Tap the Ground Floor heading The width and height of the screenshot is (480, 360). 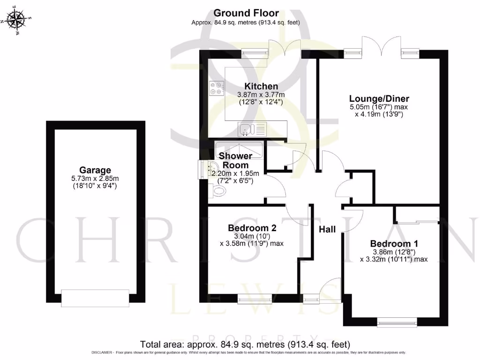click(x=246, y=13)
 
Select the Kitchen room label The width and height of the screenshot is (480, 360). click(x=261, y=86)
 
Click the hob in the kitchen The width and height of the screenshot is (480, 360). click(x=217, y=88)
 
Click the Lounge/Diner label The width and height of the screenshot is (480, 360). click(x=379, y=99)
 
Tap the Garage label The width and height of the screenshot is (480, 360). click(x=95, y=170)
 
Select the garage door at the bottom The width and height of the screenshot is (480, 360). click(x=95, y=298)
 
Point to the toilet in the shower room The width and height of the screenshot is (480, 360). click(x=218, y=190)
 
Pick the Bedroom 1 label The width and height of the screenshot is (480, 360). click(x=394, y=244)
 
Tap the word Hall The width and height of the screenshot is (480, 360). click(x=327, y=229)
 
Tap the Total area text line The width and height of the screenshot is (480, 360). click(x=246, y=345)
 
